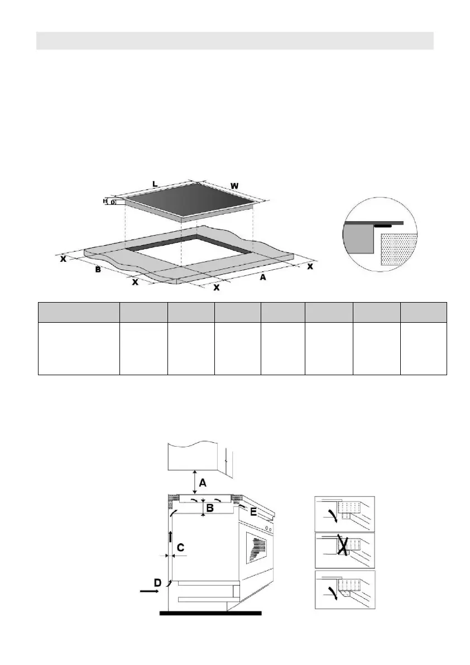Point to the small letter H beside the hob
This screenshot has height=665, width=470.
tap(104, 201)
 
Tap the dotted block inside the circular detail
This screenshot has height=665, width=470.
tap(397, 248)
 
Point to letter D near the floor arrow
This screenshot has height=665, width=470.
tap(157, 582)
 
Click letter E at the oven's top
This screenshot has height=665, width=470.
tap(253, 510)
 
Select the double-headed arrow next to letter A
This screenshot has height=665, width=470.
tap(194, 482)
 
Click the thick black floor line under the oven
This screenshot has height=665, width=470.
tap(210, 613)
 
